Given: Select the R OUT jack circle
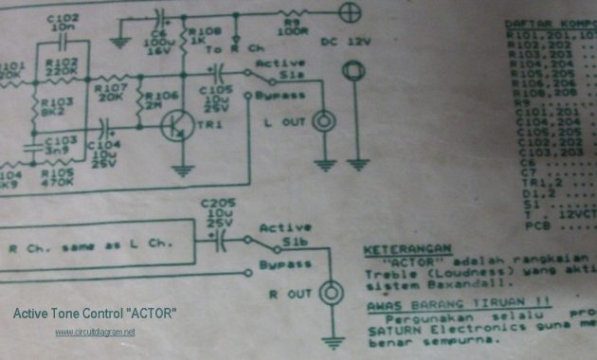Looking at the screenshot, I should [332, 291].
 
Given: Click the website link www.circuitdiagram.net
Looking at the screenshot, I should [95, 332].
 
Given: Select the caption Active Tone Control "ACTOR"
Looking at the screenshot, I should [95, 313].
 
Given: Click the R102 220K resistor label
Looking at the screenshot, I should [62, 64].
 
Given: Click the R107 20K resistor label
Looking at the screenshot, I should [110, 92].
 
